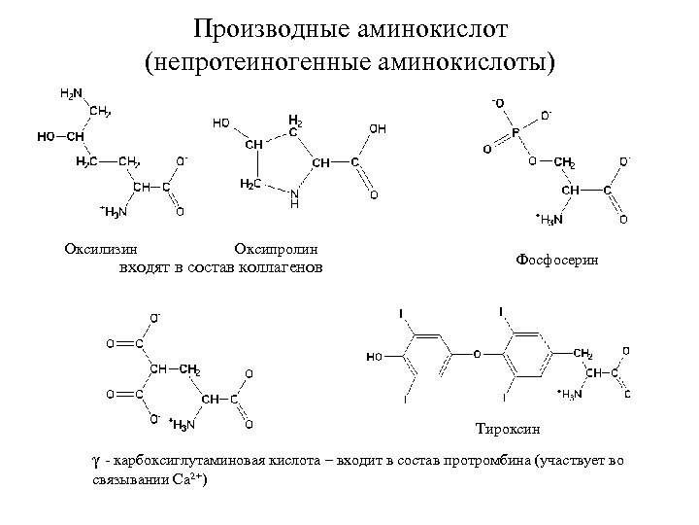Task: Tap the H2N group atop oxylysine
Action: (x=70, y=94)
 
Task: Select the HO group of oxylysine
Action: (x=46, y=136)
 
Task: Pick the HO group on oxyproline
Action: (x=221, y=123)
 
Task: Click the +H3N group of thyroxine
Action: (x=570, y=394)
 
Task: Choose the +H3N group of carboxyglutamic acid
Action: (x=182, y=424)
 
